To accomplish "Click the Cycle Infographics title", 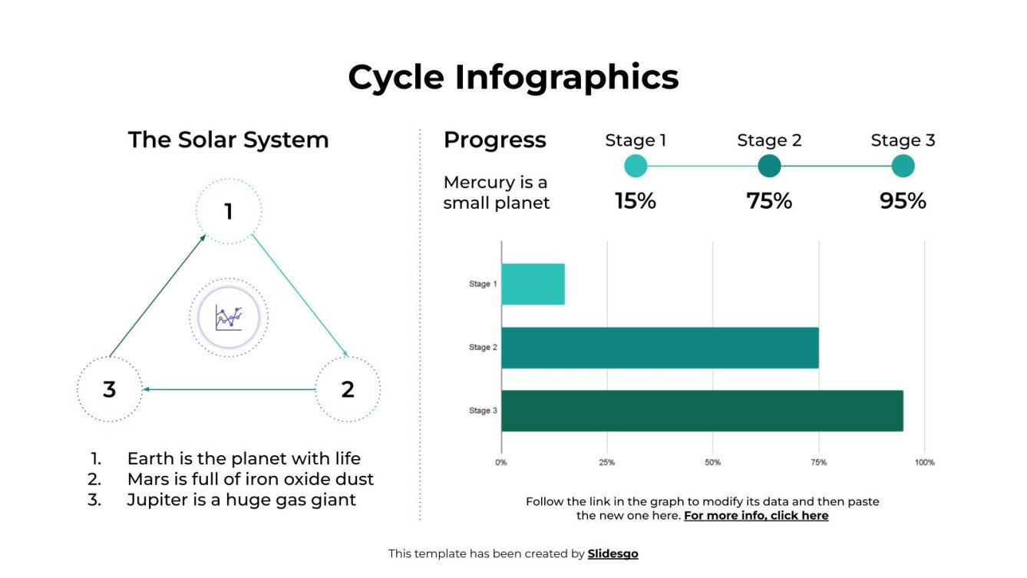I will pyautogui.click(x=513, y=78).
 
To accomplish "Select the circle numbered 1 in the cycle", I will pyautogui.click(x=228, y=211).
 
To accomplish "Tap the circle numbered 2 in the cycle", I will pyautogui.click(x=348, y=389).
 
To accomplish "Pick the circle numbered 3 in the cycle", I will pyautogui.click(x=110, y=389).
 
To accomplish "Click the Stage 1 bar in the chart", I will pyautogui.click(x=533, y=284).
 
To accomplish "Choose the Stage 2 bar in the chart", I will pyautogui.click(x=659, y=348).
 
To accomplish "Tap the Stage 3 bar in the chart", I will pyautogui.click(x=702, y=411).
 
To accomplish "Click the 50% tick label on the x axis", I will pyautogui.click(x=712, y=463).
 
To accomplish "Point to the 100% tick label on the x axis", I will pyautogui.click(x=924, y=463).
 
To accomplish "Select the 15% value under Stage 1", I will pyautogui.click(x=636, y=201).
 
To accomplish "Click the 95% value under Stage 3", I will pyautogui.click(x=903, y=201).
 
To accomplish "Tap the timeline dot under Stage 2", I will pyautogui.click(x=769, y=166).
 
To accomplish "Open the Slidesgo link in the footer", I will pyautogui.click(x=613, y=553).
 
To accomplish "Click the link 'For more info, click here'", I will pyautogui.click(x=756, y=516).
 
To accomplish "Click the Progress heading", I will pyautogui.click(x=495, y=140).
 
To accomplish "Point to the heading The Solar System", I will pyautogui.click(x=228, y=140).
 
